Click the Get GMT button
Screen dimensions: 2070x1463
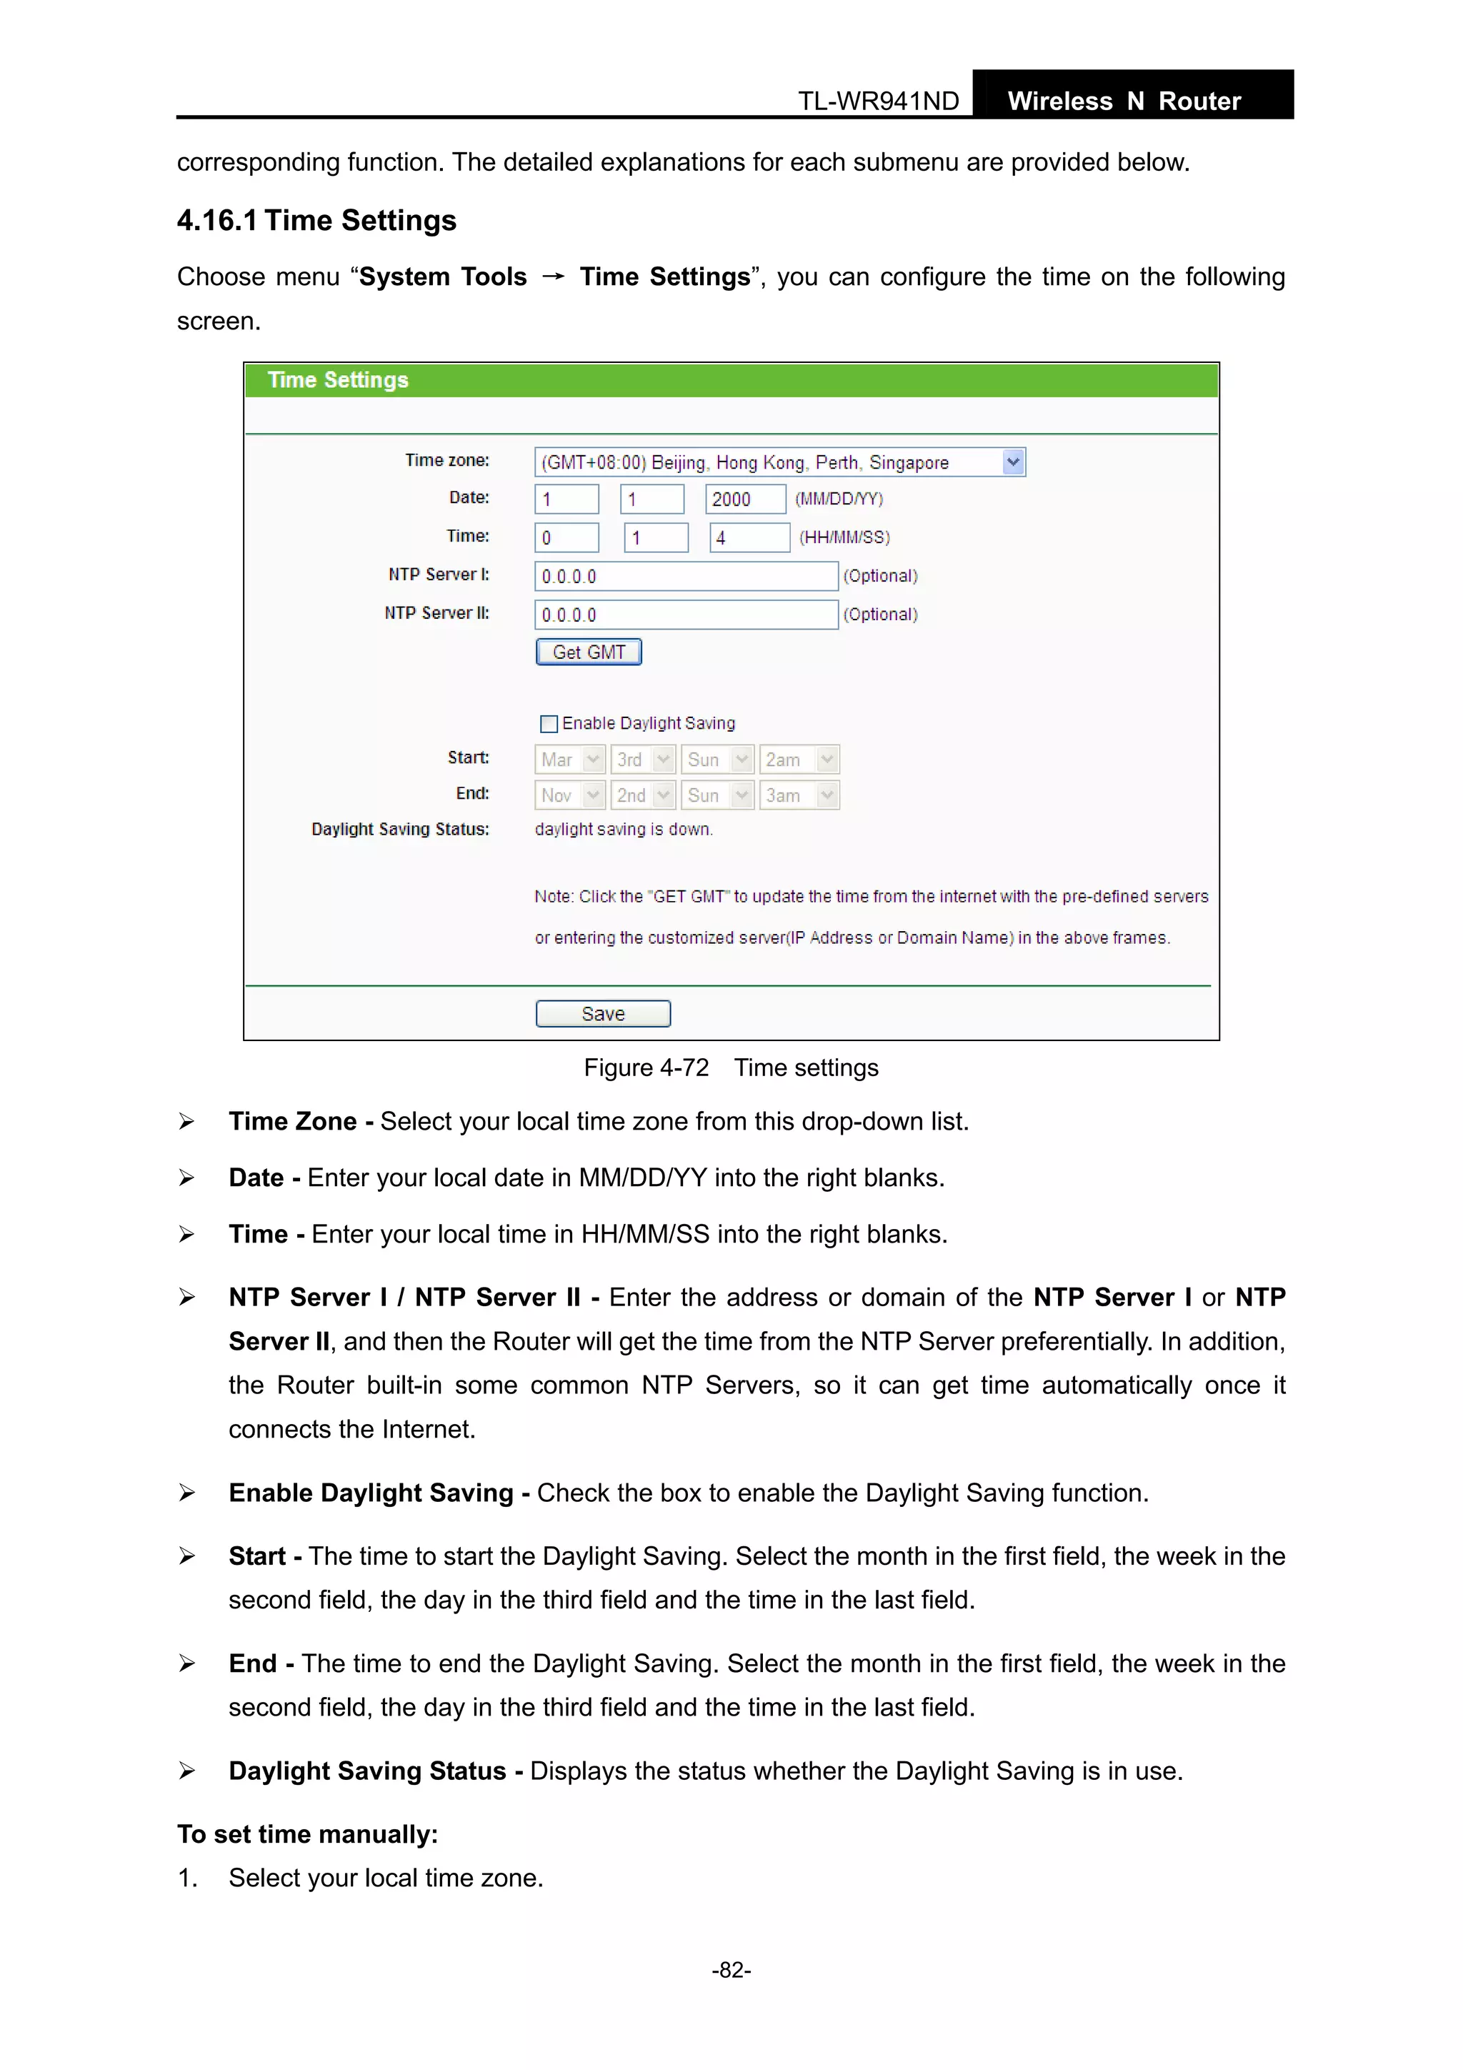[x=588, y=652]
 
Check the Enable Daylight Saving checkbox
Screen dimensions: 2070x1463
[x=548, y=724]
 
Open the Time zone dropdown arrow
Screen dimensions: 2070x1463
[x=1012, y=462]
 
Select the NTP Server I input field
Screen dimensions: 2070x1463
[x=685, y=576]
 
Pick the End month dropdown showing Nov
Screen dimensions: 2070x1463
[x=569, y=795]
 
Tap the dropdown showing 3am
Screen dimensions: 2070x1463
[x=799, y=795]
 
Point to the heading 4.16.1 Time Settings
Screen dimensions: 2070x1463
[x=316, y=221]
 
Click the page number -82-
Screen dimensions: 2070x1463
[x=731, y=1970]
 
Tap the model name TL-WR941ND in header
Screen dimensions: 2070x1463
[x=878, y=101]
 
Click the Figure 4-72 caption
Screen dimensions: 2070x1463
[x=731, y=1068]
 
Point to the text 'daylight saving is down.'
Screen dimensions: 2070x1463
[x=624, y=830]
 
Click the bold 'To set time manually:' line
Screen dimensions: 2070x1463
[x=307, y=1833]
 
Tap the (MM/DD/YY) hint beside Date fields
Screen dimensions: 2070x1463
[x=839, y=499]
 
